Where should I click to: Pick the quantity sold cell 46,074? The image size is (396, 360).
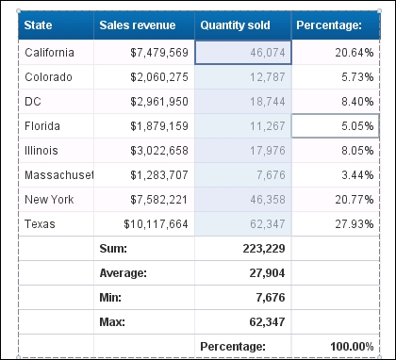pyautogui.click(x=264, y=53)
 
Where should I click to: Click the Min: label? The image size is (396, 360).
pyautogui.click(x=112, y=298)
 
